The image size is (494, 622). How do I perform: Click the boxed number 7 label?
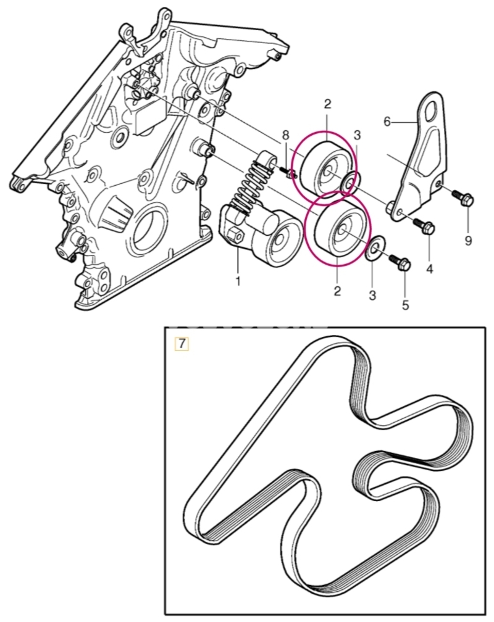click(x=182, y=344)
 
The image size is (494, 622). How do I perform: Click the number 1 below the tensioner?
click(x=238, y=281)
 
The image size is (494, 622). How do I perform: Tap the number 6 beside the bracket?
click(x=387, y=122)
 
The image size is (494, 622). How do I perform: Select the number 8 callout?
click(x=285, y=135)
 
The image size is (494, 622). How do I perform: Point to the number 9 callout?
click(x=468, y=240)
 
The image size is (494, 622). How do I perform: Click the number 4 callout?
click(x=430, y=269)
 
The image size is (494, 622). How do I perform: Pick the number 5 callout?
click(x=405, y=305)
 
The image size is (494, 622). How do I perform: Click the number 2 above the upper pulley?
click(x=327, y=104)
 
